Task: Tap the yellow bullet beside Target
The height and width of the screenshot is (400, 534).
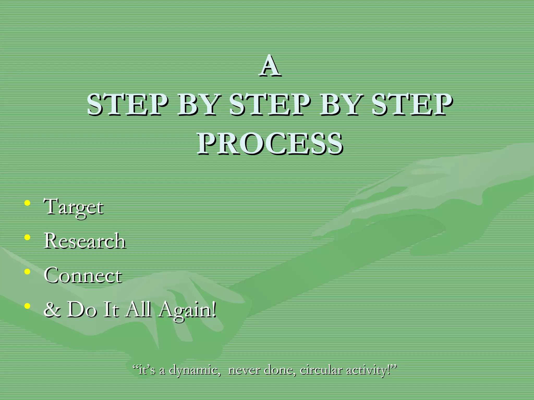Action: pyautogui.click(x=27, y=203)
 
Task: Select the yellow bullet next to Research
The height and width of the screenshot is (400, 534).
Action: pyautogui.click(x=27, y=237)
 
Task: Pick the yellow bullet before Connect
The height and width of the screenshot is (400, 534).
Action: pyautogui.click(x=27, y=272)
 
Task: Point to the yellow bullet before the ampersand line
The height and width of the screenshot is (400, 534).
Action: pyautogui.click(x=27, y=306)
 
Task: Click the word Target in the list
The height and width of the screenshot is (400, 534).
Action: pyautogui.click(x=74, y=207)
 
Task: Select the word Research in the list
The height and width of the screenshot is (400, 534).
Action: pyautogui.click(x=85, y=241)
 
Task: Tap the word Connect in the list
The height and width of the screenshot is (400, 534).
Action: pyautogui.click(x=83, y=275)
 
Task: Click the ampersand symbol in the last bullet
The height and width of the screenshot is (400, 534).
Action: pyautogui.click(x=52, y=309)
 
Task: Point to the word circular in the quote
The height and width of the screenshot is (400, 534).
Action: pyautogui.click(x=321, y=370)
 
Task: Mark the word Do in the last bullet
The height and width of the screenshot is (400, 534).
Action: pyautogui.click(x=82, y=309)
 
